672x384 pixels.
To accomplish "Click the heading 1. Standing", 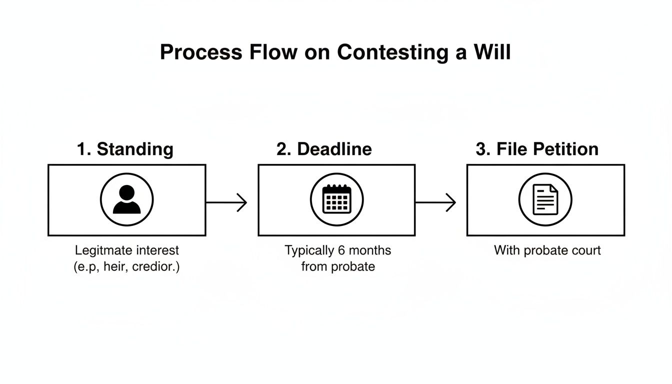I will point(125,149).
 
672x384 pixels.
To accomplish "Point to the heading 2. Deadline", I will point(324,149).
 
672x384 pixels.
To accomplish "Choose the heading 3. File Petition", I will point(537,149).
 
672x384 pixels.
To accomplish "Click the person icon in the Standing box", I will point(127,200).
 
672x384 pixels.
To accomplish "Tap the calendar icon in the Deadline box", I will point(336,200).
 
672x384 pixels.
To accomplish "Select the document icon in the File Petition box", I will point(545,200).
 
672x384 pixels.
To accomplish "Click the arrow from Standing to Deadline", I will point(226,202).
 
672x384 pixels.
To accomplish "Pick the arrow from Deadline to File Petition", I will point(435,202).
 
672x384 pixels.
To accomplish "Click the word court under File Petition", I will point(586,250).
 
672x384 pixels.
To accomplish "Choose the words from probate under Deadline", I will point(338,266).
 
